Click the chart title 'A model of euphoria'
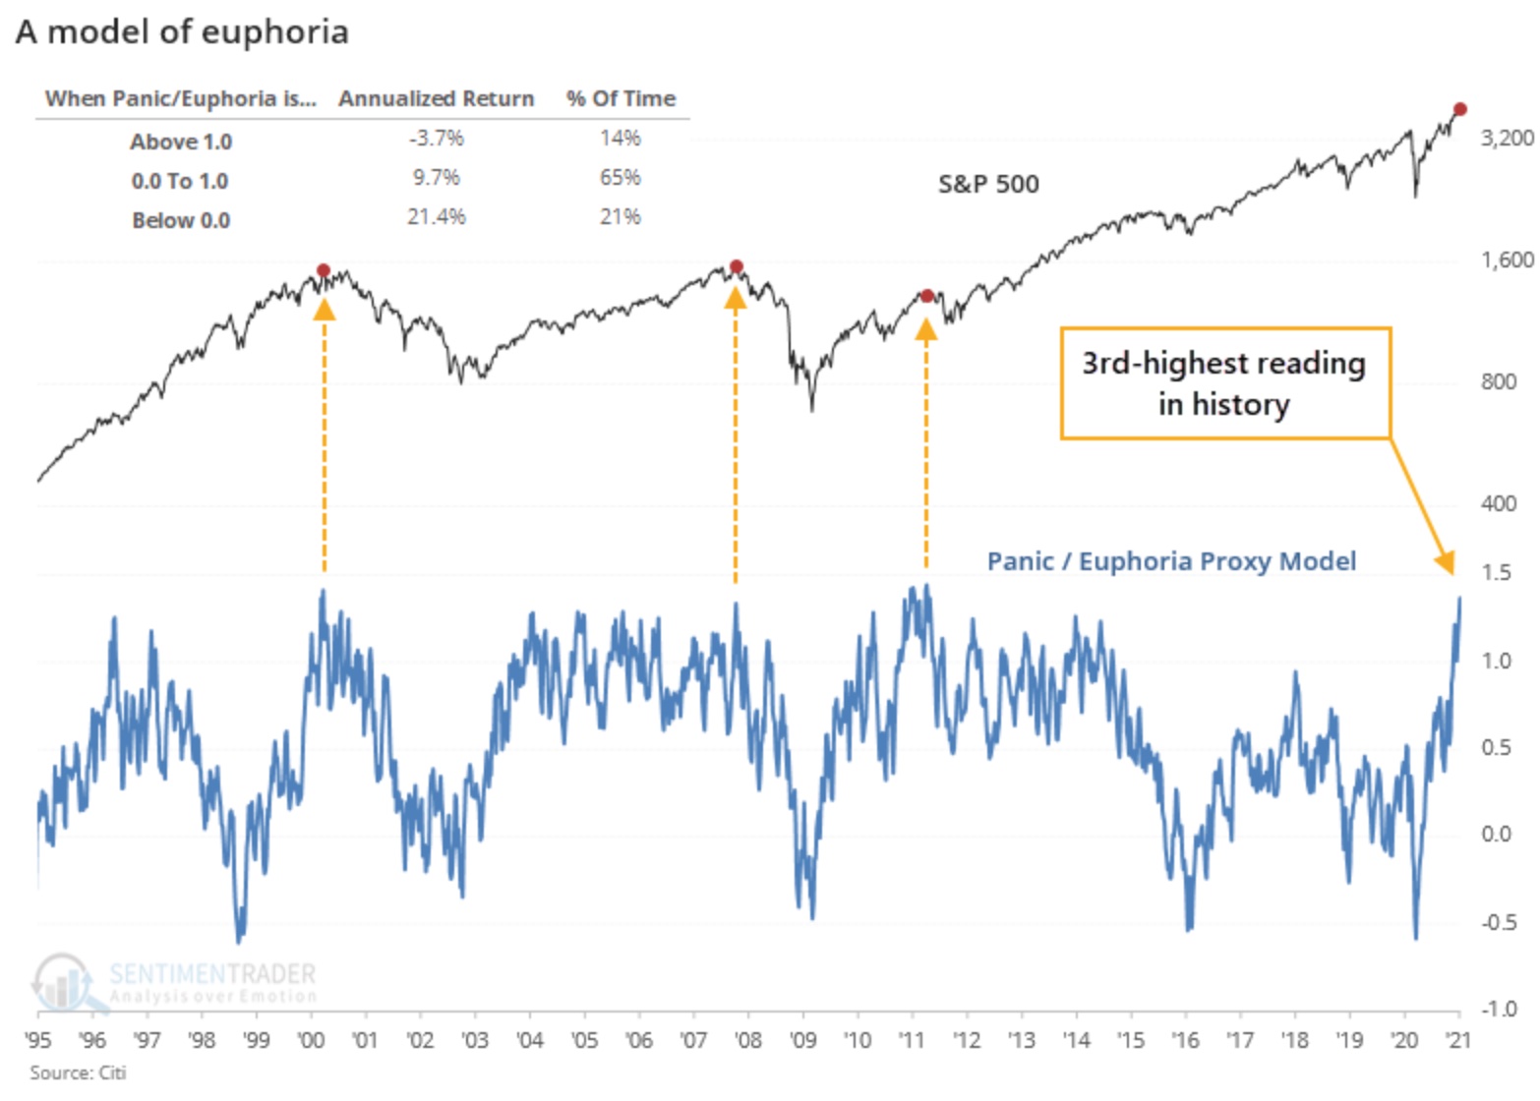pos(182,31)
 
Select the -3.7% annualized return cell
pos(436,139)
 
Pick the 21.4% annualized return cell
pos(436,216)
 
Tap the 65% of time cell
pos(620,178)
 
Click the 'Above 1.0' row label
pos(181,142)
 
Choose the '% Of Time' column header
pos(621,98)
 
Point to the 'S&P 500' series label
pos(987,184)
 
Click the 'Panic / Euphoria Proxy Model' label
pos(1170,561)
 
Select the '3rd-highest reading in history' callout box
pos(1224,383)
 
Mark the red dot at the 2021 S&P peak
pos(1460,109)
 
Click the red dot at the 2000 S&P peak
pos(324,270)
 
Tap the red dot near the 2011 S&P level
pos(926,296)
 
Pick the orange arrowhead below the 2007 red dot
pos(735,297)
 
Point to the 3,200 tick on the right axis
pos(1506,138)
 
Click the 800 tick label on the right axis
pos(1498,381)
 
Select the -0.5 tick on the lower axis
pos(1498,922)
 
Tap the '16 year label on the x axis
pos(1185,1040)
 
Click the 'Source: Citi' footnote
pos(78,1072)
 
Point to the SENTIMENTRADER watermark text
pos(211,974)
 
